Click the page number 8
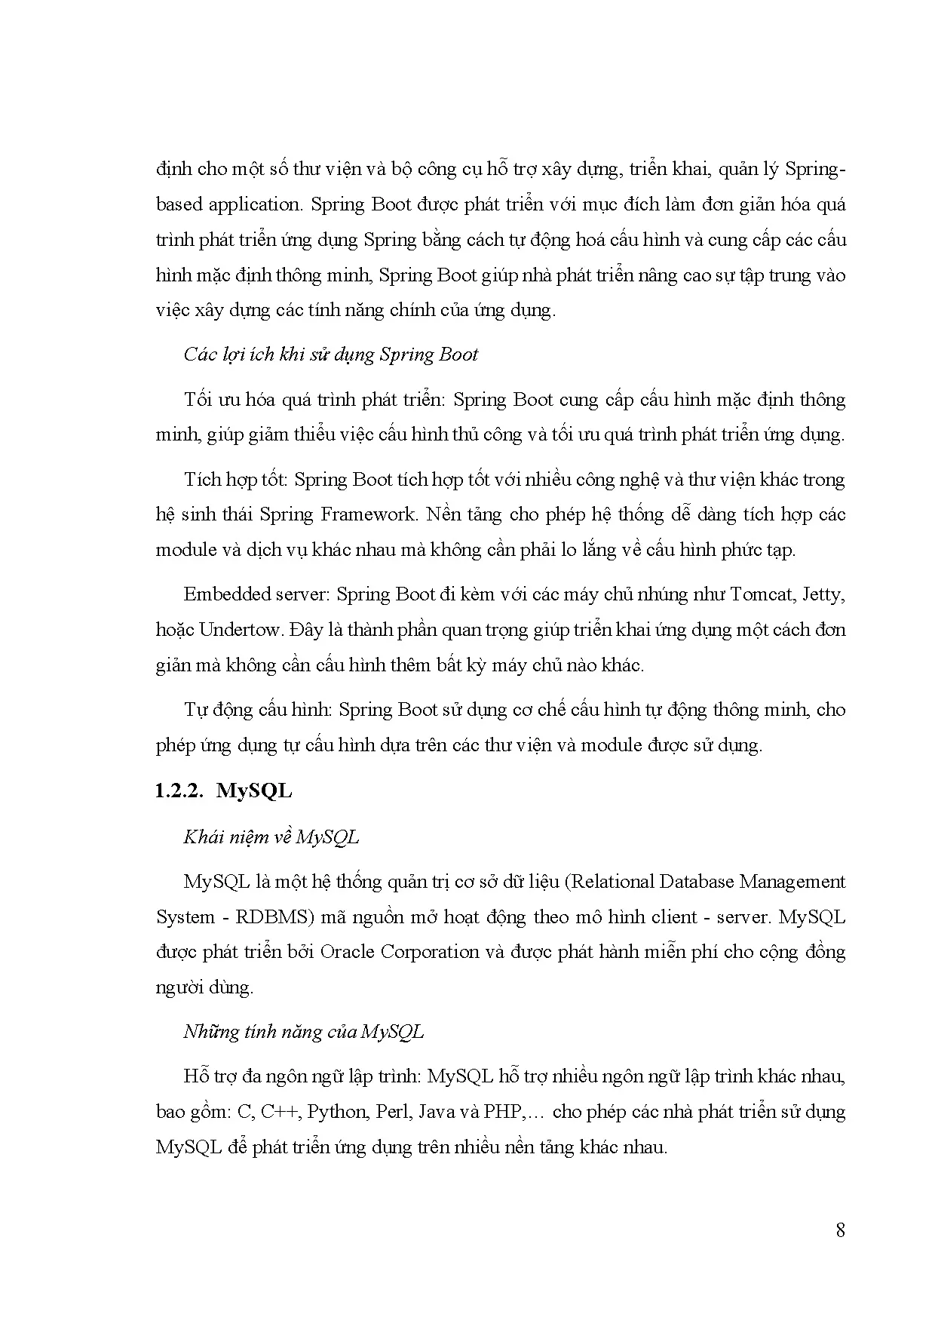click(x=840, y=1230)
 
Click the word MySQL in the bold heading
click(x=254, y=790)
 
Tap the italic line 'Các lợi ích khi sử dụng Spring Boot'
click(x=330, y=355)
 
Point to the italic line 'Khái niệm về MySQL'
click(x=271, y=836)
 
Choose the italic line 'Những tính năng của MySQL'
click(x=303, y=1031)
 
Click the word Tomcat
click(x=762, y=594)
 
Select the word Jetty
click(x=823, y=594)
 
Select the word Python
click(x=337, y=1112)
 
